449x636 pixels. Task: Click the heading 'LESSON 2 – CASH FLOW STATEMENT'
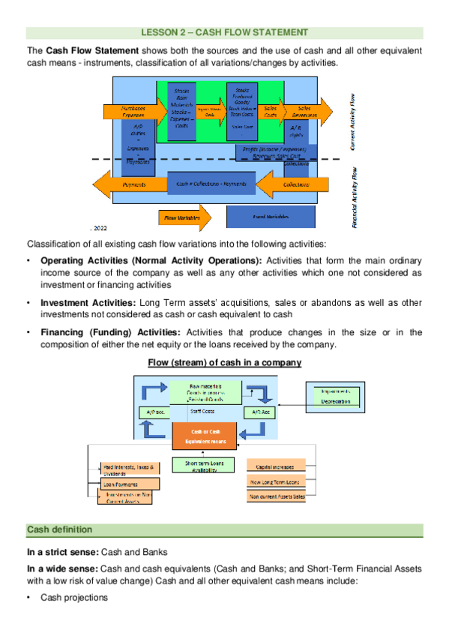(x=224, y=32)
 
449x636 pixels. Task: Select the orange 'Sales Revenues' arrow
(x=303, y=110)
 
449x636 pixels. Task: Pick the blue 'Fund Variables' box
(x=271, y=217)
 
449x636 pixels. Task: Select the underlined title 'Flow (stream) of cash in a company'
(x=224, y=362)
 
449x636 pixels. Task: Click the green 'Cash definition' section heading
(x=60, y=529)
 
